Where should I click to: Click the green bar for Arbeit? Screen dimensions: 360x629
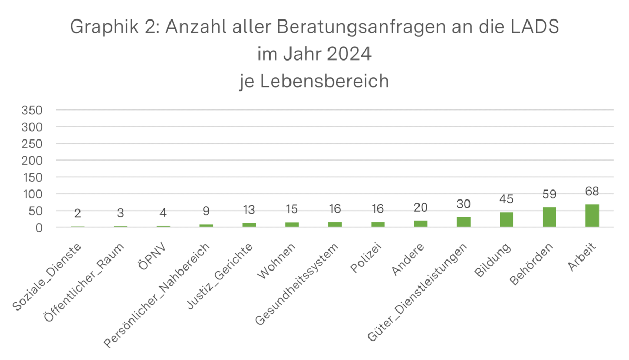[x=592, y=216]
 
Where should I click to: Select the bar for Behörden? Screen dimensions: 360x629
[x=549, y=217]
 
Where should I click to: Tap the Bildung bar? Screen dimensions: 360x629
[x=506, y=219]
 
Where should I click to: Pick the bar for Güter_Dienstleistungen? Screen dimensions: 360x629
[x=463, y=222]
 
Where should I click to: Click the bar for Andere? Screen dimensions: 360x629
[x=421, y=224]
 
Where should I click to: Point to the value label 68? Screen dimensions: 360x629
[x=592, y=192]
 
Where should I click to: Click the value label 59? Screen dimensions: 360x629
[x=549, y=195]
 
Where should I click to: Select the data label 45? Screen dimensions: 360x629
[x=506, y=199]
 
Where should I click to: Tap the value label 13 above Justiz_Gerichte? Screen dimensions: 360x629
[x=248, y=210]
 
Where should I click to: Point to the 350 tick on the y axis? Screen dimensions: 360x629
[x=32, y=111]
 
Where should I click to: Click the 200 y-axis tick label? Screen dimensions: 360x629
[x=32, y=161]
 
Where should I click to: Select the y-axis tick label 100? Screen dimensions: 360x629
[x=32, y=194]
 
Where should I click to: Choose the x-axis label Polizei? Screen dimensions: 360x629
[x=365, y=259]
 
